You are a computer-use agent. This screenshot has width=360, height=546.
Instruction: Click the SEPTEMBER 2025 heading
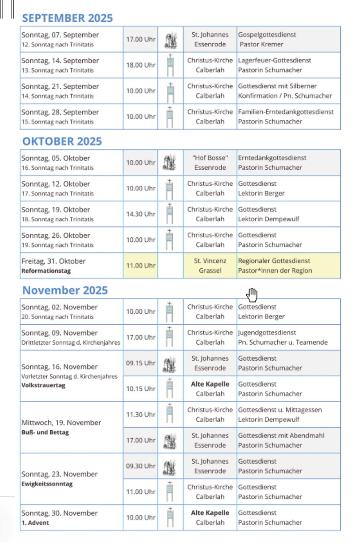(67, 18)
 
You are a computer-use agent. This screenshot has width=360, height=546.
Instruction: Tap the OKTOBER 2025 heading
(62, 141)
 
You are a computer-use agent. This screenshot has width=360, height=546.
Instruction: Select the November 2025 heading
(65, 290)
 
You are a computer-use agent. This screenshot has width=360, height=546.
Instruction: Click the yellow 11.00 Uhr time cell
(141, 265)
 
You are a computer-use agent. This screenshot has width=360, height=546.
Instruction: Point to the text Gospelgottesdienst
(267, 35)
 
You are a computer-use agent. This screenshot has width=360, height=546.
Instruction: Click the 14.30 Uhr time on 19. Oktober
(141, 214)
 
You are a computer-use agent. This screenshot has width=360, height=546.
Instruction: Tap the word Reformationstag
(46, 271)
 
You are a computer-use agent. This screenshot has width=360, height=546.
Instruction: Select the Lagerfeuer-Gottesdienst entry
(274, 60)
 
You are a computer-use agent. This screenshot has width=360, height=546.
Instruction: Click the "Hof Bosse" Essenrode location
(210, 163)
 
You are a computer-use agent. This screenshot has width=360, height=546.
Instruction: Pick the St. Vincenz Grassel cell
(210, 265)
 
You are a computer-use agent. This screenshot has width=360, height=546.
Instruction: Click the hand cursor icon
(252, 294)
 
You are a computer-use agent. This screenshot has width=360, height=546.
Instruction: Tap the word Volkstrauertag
(43, 385)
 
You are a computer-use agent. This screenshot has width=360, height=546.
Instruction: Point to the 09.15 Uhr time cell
(141, 363)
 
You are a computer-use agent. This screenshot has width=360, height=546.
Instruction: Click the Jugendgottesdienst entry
(267, 333)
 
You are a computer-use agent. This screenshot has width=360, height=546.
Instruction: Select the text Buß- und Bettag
(45, 432)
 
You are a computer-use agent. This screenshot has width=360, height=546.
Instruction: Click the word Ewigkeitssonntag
(47, 484)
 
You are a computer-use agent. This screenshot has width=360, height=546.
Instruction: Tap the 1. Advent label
(35, 523)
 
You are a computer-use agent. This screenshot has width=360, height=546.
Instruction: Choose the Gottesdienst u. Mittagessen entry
(280, 410)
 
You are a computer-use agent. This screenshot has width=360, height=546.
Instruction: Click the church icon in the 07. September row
(171, 40)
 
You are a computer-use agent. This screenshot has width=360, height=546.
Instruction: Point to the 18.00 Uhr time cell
(141, 65)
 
